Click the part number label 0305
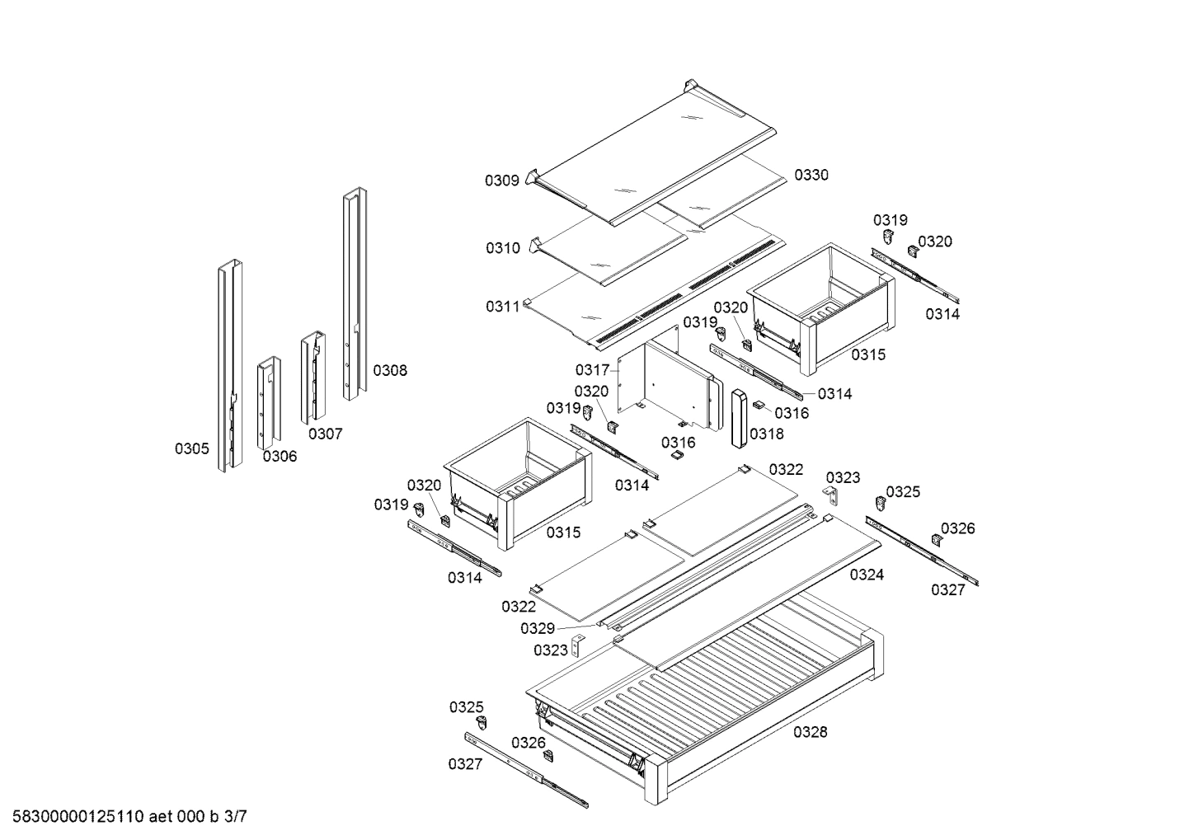click(191, 448)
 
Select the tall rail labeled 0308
click(355, 297)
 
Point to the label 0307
click(326, 434)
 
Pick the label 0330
click(811, 175)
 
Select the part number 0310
click(502, 248)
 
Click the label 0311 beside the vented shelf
click(502, 307)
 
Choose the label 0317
click(592, 370)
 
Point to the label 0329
click(537, 628)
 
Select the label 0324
click(867, 575)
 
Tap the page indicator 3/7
click(235, 818)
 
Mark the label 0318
click(767, 434)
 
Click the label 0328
click(811, 732)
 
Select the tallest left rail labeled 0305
click(229, 367)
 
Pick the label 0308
click(390, 371)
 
